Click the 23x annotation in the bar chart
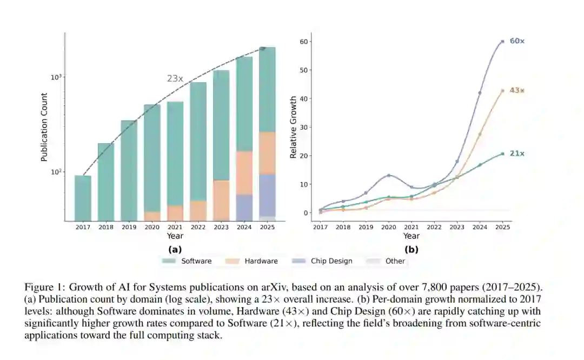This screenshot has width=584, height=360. (x=175, y=79)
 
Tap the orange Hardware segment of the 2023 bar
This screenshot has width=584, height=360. (x=221, y=200)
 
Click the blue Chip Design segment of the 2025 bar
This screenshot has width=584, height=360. (x=267, y=195)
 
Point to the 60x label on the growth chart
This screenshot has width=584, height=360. (x=517, y=41)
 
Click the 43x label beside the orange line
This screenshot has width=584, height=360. (x=517, y=90)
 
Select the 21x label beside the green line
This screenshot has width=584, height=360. (x=517, y=154)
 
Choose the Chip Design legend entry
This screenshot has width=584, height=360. (x=331, y=261)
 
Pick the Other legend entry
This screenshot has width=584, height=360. (x=395, y=261)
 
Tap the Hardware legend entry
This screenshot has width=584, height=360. (x=261, y=261)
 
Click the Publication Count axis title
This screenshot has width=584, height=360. (x=44, y=127)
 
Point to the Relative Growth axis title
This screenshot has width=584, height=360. (x=293, y=127)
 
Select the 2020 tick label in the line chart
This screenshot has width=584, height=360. (x=388, y=228)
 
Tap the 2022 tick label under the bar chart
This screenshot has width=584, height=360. (x=198, y=228)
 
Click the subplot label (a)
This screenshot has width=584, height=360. (x=175, y=249)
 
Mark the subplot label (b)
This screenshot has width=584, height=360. (x=411, y=249)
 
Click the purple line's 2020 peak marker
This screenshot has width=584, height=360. (x=388, y=175)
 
